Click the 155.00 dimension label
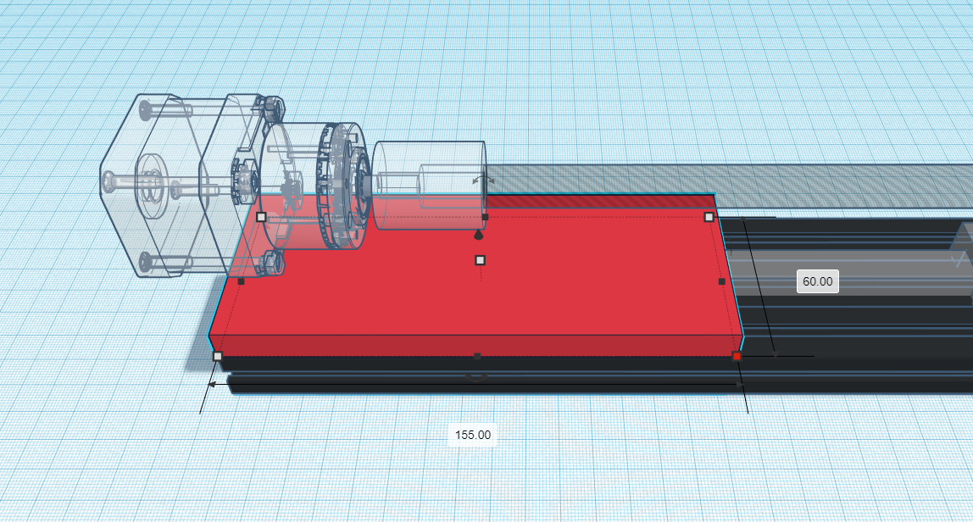pos(472,435)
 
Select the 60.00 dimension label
pos(817,282)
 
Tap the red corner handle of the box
pos(737,356)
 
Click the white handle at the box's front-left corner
pos(218,356)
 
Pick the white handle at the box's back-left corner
pos(261,217)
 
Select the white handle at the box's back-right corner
pos(709,217)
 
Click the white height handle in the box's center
pos(481,261)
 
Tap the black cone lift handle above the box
pos(478,235)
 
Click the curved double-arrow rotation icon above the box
pos(483,180)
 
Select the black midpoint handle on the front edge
pos(477,356)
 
